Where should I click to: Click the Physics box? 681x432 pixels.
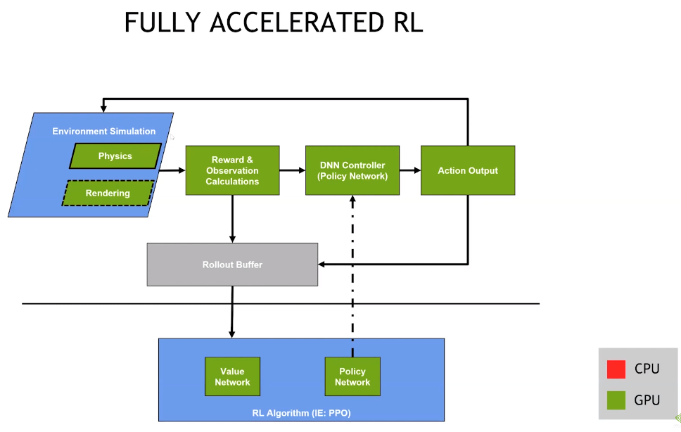[x=115, y=156]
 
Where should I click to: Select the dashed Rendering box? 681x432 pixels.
[x=108, y=193]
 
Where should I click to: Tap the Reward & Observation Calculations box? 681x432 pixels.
[x=232, y=170]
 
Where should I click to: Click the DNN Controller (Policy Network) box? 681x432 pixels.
[x=352, y=170]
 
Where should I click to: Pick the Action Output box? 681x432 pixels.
[x=468, y=170]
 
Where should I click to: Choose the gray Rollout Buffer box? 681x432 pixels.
[x=232, y=265]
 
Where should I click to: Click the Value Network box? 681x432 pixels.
[x=232, y=376]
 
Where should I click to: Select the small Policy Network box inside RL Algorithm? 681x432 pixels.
[x=352, y=376]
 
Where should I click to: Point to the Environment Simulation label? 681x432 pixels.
[x=104, y=131]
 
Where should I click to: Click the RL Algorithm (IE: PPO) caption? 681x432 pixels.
[x=301, y=413]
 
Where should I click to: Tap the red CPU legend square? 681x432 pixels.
[x=616, y=369]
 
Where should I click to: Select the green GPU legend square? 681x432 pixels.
[x=616, y=400]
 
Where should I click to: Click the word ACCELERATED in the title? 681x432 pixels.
[x=297, y=23]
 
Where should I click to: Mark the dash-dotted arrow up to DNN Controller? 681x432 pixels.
[x=352, y=276]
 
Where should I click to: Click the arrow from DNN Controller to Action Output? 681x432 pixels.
[x=410, y=170]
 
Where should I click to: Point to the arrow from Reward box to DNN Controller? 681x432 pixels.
[x=292, y=170]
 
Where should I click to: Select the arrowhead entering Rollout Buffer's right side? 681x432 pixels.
[x=322, y=264]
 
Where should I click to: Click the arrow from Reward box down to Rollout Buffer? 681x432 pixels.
[x=232, y=219]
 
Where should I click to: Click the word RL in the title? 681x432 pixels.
[x=408, y=23]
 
